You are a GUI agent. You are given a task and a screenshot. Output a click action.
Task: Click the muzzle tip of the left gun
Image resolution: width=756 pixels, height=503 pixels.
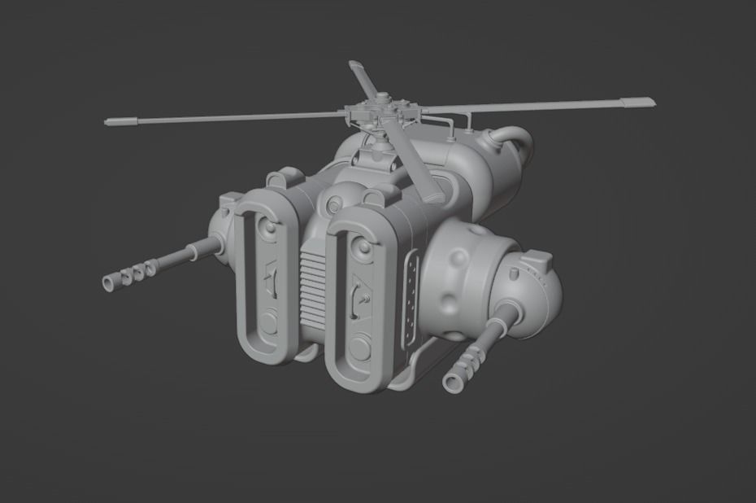coord(109,283)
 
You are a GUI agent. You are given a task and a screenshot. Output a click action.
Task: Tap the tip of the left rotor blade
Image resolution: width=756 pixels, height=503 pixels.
coord(109,122)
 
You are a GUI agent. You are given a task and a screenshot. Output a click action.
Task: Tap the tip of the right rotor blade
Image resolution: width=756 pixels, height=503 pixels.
coord(650,103)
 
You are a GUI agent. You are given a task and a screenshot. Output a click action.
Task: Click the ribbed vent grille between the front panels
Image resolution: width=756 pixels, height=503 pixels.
coord(313,285)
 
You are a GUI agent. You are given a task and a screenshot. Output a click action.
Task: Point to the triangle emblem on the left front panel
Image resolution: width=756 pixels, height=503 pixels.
coord(271,274)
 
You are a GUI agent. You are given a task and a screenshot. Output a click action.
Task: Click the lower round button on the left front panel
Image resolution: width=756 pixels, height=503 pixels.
coord(267,323)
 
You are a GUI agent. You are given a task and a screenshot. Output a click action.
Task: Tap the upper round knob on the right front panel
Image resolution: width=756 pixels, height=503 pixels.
coord(356,243)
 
